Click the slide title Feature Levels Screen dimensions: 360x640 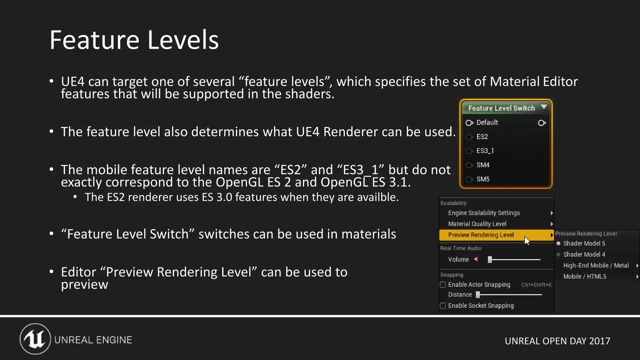pos(134,40)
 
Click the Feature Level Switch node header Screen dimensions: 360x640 pos(501,108)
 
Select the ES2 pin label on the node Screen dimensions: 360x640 pos(482,137)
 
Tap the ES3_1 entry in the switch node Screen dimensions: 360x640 pos(485,151)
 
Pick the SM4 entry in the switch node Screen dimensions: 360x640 pos(483,165)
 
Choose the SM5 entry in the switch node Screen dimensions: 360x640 pos(483,179)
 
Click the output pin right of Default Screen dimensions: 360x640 pos(542,123)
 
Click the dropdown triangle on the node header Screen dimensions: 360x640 pos(544,107)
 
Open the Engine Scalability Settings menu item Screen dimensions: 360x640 pos(484,213)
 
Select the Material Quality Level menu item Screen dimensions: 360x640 pos(477,224)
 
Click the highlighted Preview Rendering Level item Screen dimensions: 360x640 pos(481,235)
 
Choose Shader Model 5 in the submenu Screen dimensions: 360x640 pos(584,243)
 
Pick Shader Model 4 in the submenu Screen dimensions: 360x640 pos(584,254)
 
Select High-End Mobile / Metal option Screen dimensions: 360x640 pos(596,265)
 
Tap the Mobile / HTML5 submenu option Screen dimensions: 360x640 pos(585,277)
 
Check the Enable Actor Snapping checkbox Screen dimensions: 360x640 pos(443,285)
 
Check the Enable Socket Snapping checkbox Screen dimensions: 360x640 pos(443,306)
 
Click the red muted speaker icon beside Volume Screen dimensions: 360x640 pos(477,259)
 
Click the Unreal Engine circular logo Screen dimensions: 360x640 pos(35,339)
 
